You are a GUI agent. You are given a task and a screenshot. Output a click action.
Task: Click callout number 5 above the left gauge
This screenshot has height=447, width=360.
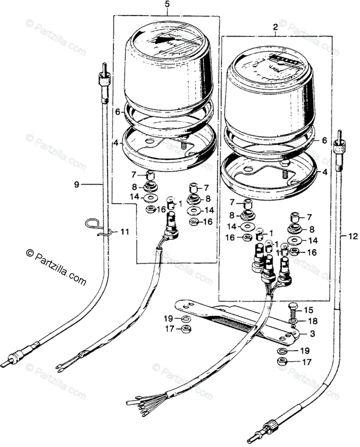167,5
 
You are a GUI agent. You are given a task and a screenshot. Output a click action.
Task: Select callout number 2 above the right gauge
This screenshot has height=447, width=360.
275,27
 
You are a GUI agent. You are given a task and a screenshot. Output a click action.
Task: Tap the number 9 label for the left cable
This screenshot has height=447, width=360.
76,184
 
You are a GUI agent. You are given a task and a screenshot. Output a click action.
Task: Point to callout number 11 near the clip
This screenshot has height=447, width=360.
124,232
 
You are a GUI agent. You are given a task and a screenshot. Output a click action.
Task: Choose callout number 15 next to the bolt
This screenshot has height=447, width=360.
309,310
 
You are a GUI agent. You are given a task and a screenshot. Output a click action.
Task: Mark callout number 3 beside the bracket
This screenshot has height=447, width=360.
312,334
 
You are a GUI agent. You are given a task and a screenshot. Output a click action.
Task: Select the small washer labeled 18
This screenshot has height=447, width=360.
293,321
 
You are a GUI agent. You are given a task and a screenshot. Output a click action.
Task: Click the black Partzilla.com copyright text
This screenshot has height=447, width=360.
56,266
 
